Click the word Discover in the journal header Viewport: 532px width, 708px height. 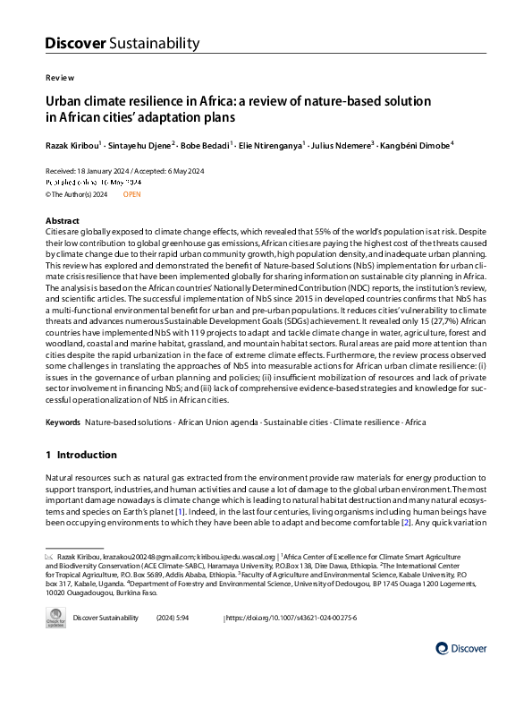75,43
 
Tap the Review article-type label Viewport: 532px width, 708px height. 59,78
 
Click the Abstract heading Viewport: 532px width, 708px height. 62,220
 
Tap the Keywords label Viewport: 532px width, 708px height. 63,421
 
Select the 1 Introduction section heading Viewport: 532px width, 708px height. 80,456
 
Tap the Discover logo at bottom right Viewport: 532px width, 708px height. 461,647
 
